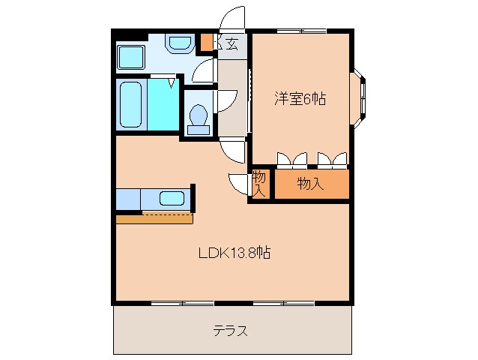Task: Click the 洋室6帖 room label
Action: [300, 98]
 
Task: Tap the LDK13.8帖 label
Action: [234, 253]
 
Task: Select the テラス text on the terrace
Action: [230, 331]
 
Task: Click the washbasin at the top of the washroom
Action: [178, 43]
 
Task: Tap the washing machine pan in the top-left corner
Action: [132, 55]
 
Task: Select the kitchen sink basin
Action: [172, 199]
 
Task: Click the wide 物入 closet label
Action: [310, 184]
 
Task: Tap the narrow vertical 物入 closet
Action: [259, 184]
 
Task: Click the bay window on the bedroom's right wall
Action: [361, 94]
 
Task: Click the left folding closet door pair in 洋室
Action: [291, 158]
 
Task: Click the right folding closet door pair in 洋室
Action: [332, 158]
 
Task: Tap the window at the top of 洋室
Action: [300, 31]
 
